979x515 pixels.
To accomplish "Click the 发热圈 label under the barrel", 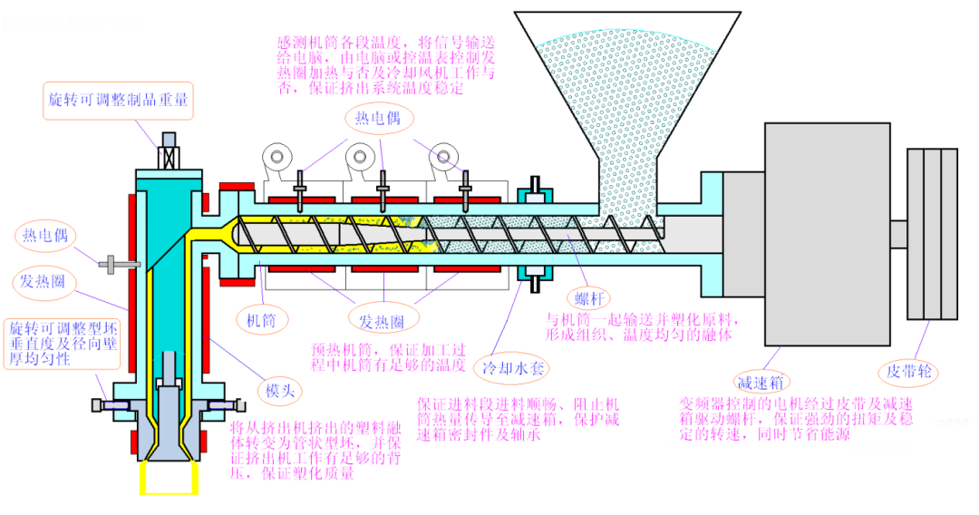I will [x=382, y=320].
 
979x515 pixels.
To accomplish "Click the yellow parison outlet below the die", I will [x=169, y=478].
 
